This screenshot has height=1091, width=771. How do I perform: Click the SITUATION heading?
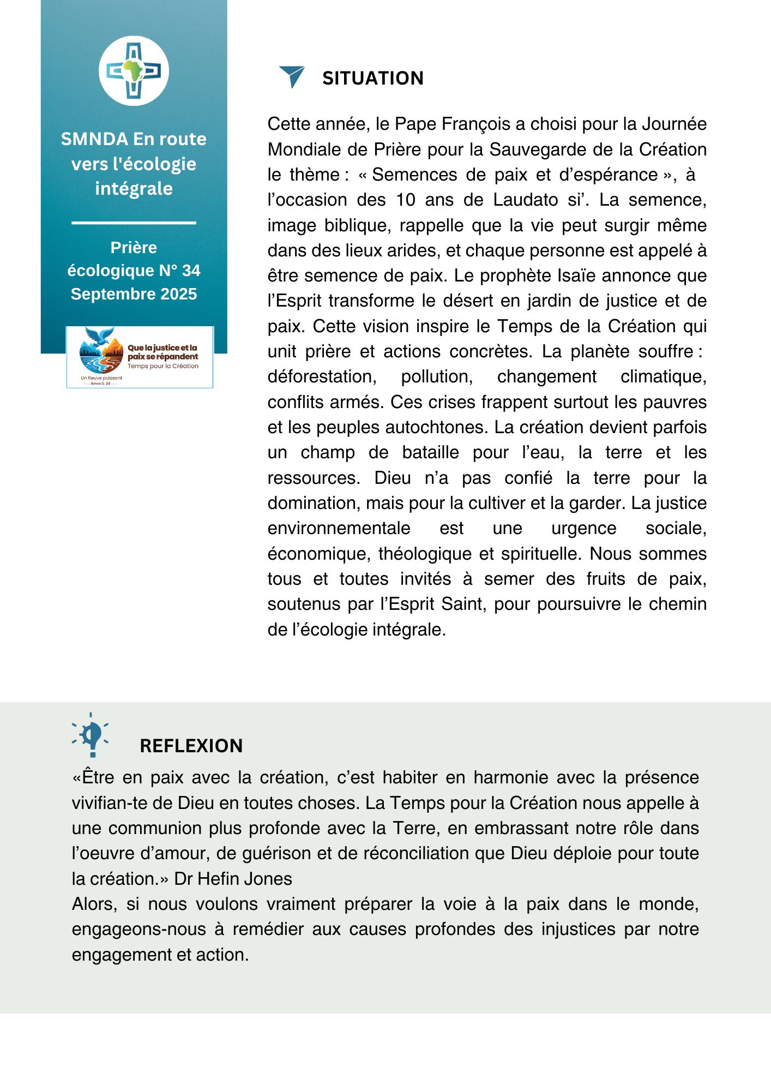click(373, 78)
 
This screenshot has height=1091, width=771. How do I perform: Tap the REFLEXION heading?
click(191, 746)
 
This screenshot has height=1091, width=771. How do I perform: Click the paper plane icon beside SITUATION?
click(292, 76)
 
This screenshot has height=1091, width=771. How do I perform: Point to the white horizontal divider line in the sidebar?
click(134, 223)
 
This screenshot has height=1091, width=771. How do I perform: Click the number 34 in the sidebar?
click(191, 271)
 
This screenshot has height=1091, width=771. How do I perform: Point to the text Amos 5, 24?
click(100, 383)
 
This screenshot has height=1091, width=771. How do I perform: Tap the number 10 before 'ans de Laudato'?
click(406, 200)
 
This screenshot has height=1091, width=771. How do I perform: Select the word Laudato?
click(525, 200)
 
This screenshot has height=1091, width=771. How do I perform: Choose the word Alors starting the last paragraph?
click(94, 904)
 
